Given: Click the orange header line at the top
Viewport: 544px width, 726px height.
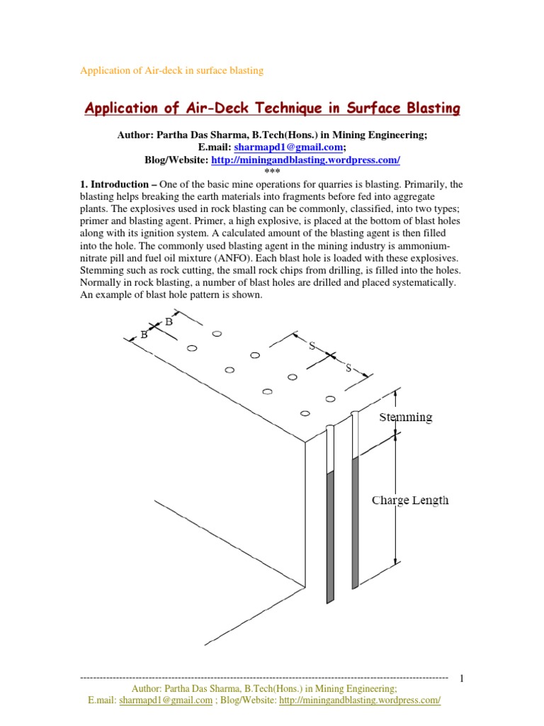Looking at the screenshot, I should coord(171,70).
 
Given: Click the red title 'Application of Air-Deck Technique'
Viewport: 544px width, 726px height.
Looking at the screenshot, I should coord(272,108).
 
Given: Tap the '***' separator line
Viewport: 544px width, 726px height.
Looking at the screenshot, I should coord(272,172).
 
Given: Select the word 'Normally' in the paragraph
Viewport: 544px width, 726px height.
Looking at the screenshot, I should coord(101,282).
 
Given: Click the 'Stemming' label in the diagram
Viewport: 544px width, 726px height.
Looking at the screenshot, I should coord(405,417).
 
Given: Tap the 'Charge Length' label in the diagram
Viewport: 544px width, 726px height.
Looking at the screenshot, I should coord(410,500).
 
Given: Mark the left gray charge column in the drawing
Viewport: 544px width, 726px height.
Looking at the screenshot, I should coord(329,537).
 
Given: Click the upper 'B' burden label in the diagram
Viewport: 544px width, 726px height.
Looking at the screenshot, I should coord(169,322).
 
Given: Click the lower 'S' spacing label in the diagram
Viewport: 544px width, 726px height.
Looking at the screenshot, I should coord(348,367).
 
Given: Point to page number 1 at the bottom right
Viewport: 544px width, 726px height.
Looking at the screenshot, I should coord(461,678).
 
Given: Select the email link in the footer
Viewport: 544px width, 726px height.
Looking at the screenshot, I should coord(166,700).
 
